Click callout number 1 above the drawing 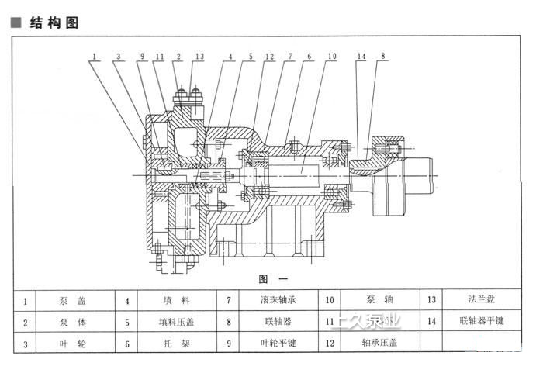point(93,57)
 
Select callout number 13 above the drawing point(199,57)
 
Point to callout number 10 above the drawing point(331,57)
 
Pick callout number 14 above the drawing point(361,57)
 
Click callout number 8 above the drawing point(382,57)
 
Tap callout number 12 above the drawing point(269,57)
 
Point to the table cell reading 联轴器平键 point(482,320)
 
